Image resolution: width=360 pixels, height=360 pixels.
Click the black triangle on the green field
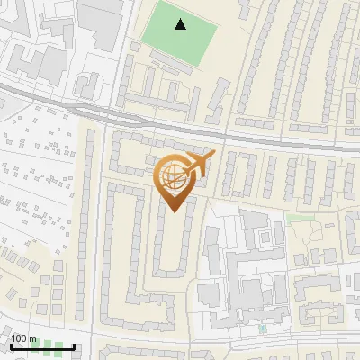pos(182,24)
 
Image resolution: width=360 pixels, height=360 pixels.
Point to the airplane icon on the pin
pos(200,165)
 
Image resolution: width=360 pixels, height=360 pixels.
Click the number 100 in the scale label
pos(19,338)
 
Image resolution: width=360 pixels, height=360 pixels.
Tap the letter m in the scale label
pos(32,338)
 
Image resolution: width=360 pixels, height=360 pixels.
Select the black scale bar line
pos(40,347)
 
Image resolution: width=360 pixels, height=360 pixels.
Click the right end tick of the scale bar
pos(74,346)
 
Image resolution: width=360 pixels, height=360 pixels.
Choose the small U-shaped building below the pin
pos(170,243)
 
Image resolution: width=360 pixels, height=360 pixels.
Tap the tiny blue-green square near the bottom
pos(263,329)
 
